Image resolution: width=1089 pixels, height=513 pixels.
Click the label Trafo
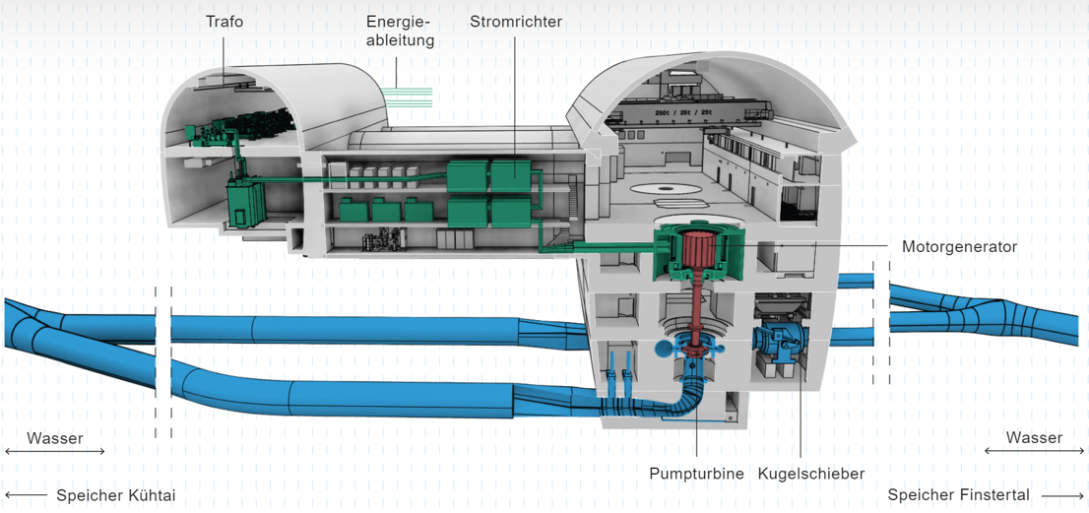coord(224,21)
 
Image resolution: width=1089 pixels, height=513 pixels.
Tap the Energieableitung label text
coord(400,31)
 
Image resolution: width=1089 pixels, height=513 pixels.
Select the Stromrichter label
coord(516,21)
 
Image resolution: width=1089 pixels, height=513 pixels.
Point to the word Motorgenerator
coord(958,246)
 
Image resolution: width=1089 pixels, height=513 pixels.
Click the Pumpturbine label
coord(696,474)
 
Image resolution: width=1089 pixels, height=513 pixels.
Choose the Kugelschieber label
coord(810,474)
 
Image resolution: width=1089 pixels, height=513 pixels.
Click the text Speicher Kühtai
coord(115,495)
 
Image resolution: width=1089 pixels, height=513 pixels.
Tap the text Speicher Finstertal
coord(958,495)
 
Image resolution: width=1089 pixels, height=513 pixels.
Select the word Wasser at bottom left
coord(55,437)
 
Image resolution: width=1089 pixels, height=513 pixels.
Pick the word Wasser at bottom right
coord(1034,437)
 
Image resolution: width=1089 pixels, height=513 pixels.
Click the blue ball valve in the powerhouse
coord(779,341)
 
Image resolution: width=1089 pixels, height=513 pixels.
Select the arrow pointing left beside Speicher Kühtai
coord(26,495)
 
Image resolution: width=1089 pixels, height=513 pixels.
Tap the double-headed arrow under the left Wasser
coord(55,452)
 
